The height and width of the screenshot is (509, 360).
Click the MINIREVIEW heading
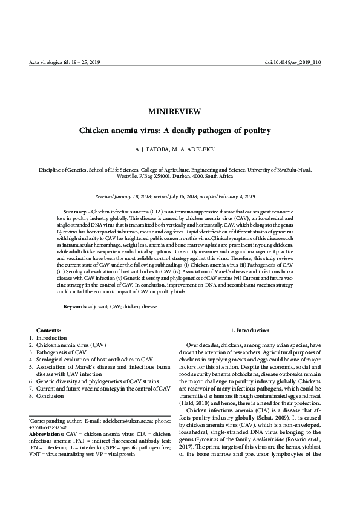pyautogui.click(x=179, y=111)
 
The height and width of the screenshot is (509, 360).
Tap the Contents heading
pyautogui.click(x=48, y=331)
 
